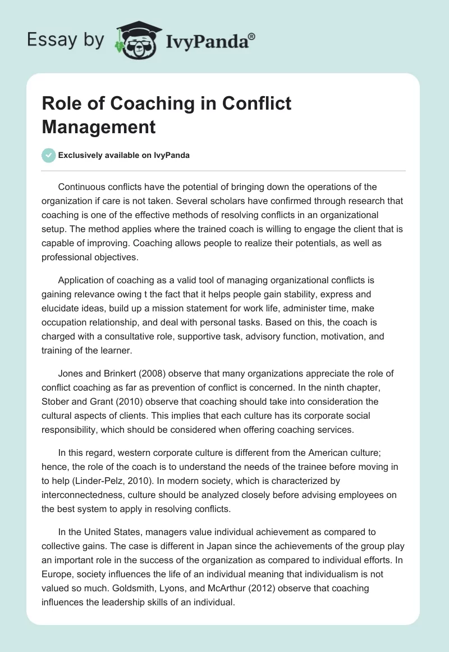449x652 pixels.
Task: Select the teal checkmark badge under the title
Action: [x=49, y=155]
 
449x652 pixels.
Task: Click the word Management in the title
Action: [x=98, y=126]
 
